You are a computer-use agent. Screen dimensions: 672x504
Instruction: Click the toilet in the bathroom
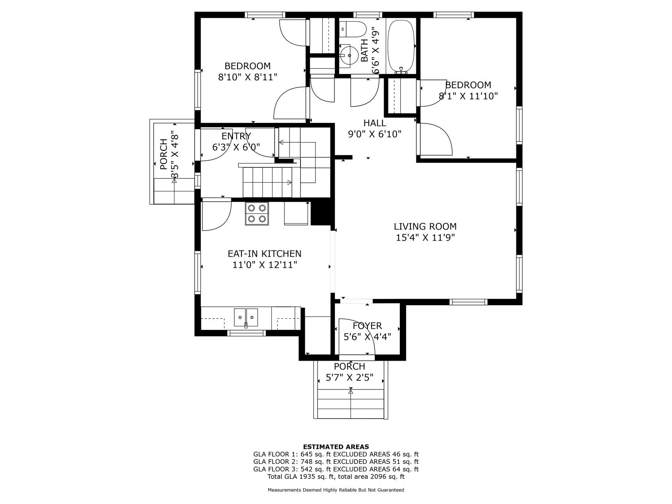tap(353, 28)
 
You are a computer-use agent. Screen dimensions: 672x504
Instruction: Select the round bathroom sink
tap(349, 56)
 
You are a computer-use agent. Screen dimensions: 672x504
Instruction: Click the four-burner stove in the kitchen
tap(257, 213)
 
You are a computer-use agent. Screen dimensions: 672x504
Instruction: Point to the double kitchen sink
tap(246, 318)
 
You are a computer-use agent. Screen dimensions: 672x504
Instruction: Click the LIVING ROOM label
tap(425, 226)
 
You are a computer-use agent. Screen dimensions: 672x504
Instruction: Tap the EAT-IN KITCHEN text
tap(265, 254)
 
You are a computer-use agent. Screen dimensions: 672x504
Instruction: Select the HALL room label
tap(375, 123)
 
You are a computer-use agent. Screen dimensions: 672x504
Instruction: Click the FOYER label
tap(367, 326)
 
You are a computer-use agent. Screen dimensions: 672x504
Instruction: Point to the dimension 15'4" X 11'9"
tap(425, 237)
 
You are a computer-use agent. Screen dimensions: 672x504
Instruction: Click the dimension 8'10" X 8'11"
tap(248, 77)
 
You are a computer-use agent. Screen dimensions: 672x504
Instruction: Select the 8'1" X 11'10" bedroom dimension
tap(468, 96)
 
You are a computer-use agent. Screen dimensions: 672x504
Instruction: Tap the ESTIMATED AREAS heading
tap(336, 447)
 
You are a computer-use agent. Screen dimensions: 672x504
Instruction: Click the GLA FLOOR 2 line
tap(336, 462)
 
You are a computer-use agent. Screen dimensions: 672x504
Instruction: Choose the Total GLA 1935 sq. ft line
tap(336, 477)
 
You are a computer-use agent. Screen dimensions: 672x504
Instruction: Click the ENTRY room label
tap(236, 136)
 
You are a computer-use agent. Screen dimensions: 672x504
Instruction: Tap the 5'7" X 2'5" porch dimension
tap(350, 378)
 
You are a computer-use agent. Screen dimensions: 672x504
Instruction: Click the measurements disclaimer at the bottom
tap(336, 490)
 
